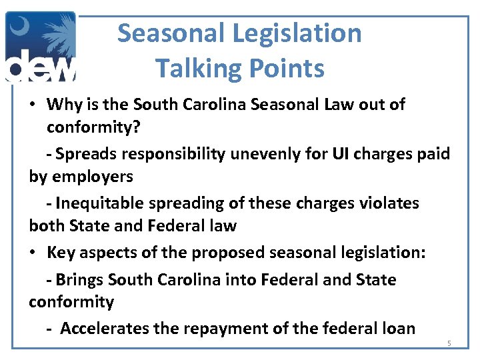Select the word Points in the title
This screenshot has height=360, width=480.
(287, 68)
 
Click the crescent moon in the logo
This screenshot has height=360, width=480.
(19, 30)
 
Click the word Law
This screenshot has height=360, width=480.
(345, 105)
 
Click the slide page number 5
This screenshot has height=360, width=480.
(449, 344)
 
